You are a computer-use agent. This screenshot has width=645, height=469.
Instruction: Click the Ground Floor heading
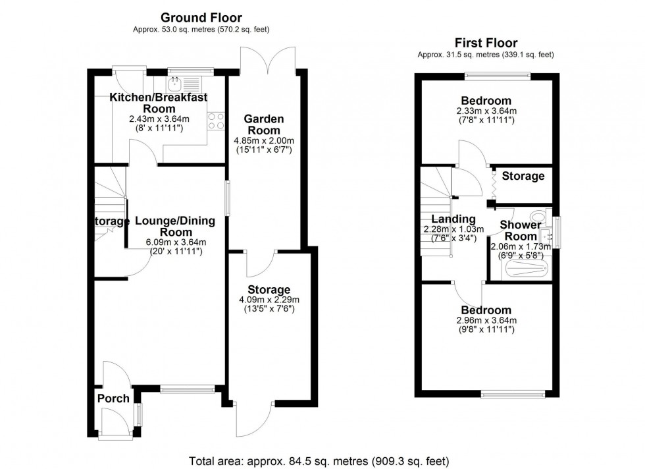[x=201, y=18]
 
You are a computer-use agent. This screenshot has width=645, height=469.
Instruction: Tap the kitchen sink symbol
[x=176, y=84]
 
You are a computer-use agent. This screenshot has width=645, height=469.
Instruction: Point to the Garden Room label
[x=263, y=124]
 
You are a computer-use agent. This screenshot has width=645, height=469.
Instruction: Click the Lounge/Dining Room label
[x=174, y=227]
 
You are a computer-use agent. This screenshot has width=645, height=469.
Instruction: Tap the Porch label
[x=113, y=399]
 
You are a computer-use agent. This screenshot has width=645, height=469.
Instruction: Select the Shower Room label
[x=519, y=231]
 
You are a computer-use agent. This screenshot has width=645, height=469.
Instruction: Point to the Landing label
[x=453, y=219]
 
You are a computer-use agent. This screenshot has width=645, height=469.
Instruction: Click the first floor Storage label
[x=523, y=176]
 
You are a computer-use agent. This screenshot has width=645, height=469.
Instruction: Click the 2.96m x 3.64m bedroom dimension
[x=486, y=321]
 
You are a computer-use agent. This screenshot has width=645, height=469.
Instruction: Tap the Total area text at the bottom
[x=319, y=460]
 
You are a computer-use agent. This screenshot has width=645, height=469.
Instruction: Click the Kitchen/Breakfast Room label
[x=158, y=103]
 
